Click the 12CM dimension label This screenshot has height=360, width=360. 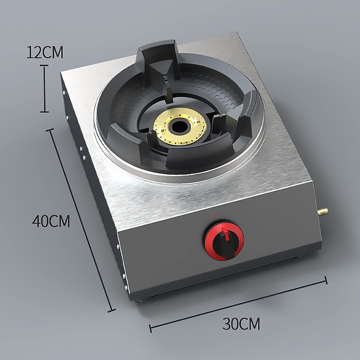(45, 52)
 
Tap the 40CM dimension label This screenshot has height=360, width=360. (51, 221)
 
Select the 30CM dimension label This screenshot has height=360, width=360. (241, 323)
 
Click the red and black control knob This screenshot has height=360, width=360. (224, 241)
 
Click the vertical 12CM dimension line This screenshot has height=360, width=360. (44, 89)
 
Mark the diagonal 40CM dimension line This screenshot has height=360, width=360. (81, 220)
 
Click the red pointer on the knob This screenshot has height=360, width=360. (226, 233)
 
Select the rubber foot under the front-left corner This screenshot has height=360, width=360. (144, 299)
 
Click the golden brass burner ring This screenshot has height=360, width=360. (165, 135)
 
